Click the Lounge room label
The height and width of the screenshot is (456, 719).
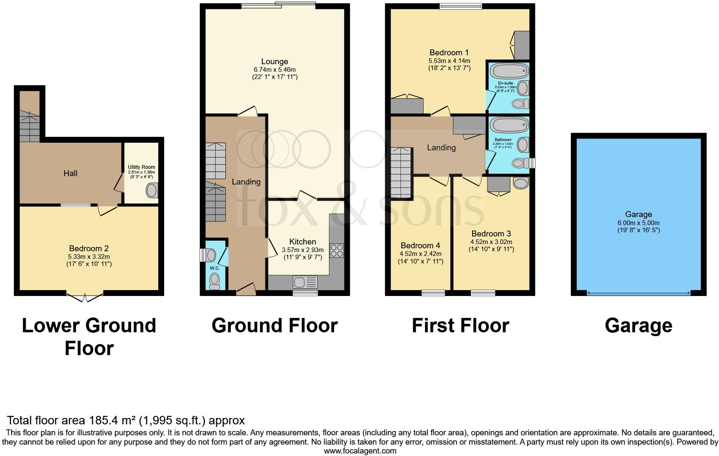275,62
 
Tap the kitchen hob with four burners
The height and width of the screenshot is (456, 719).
337,250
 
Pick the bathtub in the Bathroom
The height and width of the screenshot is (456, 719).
511,125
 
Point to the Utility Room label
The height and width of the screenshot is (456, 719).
141,167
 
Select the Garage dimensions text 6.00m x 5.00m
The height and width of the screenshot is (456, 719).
638,223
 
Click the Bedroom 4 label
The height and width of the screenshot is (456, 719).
420,246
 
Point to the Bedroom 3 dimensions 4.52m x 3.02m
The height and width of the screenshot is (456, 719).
491,242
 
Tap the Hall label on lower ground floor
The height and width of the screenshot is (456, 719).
70,173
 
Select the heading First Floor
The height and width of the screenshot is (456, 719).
460,326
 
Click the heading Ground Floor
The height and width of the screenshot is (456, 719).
275,326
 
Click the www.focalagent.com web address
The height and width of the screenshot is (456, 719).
360,451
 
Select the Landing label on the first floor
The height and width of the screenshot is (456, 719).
441,148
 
